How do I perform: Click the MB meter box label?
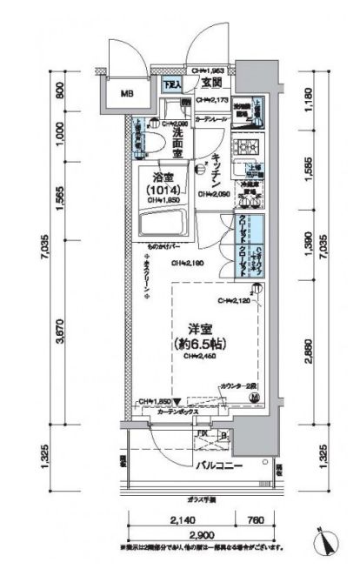pos(127,94)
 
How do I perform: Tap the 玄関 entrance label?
pos(211,84)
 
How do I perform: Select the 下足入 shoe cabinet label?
pos(172,85)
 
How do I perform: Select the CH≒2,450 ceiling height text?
pos(207,356)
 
